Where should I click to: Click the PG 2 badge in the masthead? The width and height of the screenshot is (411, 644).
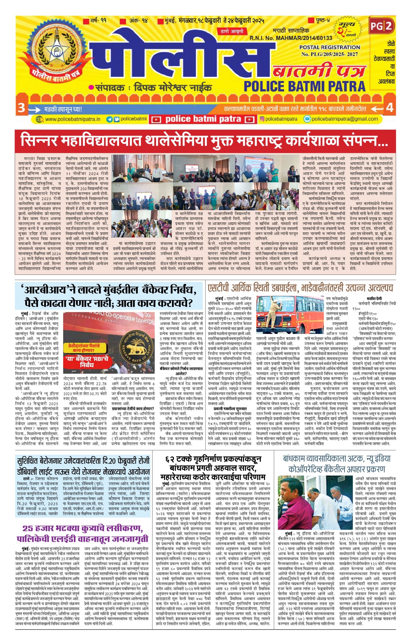[x=382, y=26]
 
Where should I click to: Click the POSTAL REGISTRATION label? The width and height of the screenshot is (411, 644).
[x=330, y=47]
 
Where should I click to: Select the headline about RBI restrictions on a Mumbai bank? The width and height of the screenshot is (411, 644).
[x=110, y=297]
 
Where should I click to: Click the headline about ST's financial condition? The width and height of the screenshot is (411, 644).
[x=300, y=288]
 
